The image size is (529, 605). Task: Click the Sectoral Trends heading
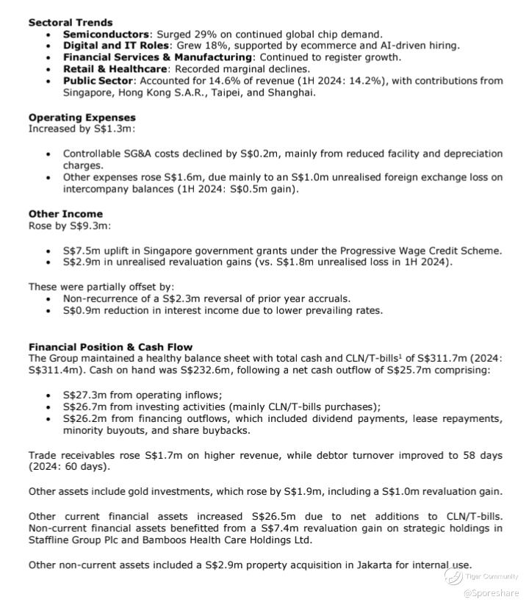(71, 23)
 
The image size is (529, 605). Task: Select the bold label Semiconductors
(106, 35)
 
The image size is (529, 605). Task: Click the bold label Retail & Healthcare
(112, 69)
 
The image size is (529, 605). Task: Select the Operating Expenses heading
(82, 118)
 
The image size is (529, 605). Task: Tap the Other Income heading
(65, 215)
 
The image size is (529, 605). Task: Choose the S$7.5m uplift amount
(80, 251)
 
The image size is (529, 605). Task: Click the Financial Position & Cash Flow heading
(110, 347)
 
